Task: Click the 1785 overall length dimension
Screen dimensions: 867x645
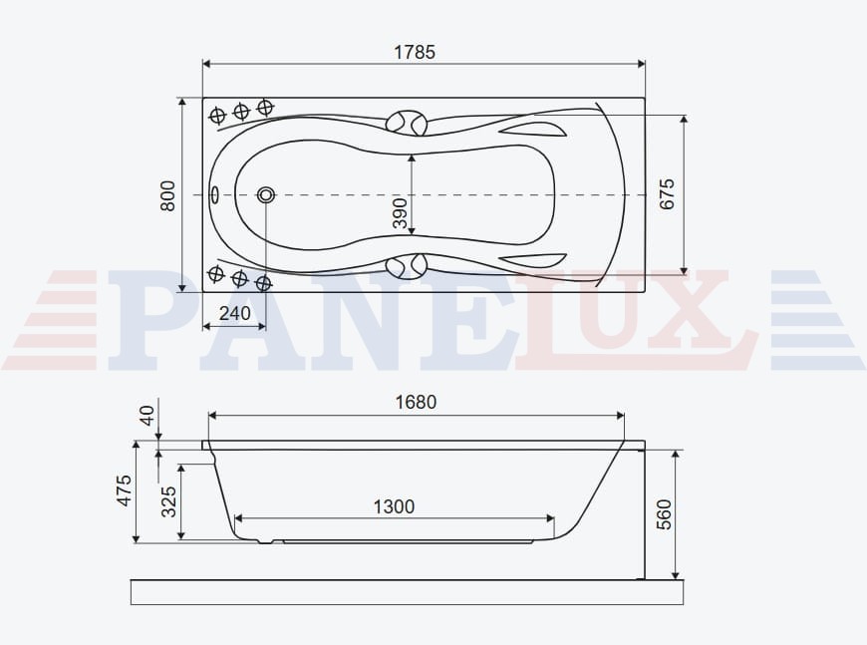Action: click(x=415, y=52)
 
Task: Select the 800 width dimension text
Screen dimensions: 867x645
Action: click(x=167, y=195)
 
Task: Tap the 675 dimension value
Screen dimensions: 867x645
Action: click(x=668, y=194)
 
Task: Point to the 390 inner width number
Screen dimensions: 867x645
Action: click(x=400, y=213)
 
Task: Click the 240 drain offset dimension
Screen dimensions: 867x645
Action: click(x=235, y=314)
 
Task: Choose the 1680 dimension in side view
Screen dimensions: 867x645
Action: click(x=416, y=402)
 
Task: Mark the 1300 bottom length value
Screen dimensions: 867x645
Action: click(x=394, y=506)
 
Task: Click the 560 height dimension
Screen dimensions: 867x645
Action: click(x=664, y=514)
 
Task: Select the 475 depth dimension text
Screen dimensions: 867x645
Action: click(x=125, y=490)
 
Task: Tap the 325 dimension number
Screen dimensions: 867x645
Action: click(x=168, y=501)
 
